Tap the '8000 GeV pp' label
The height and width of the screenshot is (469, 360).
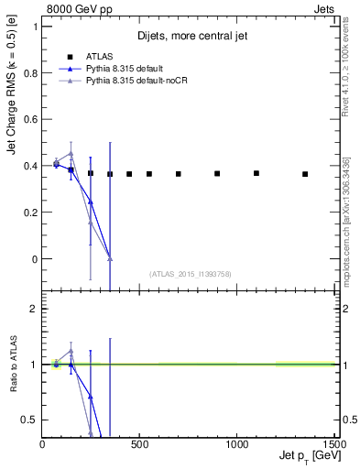71,8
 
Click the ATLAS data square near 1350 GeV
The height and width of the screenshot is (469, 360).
305,174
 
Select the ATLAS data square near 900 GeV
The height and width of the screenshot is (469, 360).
217,173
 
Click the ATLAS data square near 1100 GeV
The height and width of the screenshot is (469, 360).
256,173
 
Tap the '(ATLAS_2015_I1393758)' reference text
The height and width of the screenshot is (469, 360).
189,274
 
